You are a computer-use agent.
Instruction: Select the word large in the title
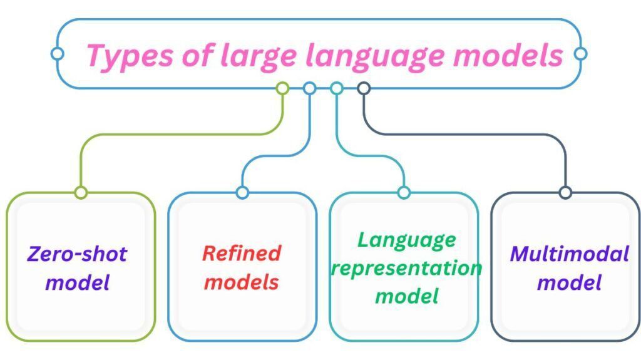(x=259, y=56)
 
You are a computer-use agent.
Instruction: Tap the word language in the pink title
(x=375, y=57)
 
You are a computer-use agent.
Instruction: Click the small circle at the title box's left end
(x=57, y=54)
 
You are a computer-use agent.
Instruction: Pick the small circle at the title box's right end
(x=580, y=54)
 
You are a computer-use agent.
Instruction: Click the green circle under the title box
(x=282, y=88)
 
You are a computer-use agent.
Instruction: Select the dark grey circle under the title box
(x=364, y=88)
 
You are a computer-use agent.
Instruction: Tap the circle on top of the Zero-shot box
(x=81, y=193)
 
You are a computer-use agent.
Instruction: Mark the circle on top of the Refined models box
(x=242, y=193)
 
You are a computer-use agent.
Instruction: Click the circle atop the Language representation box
(x=404, y=193)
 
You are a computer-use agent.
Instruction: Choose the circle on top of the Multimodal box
(x=565, y=193)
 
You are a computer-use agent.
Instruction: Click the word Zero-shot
(x=78, y=254)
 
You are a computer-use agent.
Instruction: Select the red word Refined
(x=242, y=253)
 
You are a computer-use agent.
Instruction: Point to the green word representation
(x=407, y=269)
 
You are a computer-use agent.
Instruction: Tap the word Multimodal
(x=570, y=254)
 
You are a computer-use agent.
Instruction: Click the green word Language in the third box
(x=407, y=240)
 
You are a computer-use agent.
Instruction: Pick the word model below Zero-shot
(x=78, y=283)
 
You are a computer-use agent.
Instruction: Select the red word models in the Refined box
(x=242, y=282)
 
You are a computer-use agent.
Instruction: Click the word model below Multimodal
(x=570, y=283)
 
